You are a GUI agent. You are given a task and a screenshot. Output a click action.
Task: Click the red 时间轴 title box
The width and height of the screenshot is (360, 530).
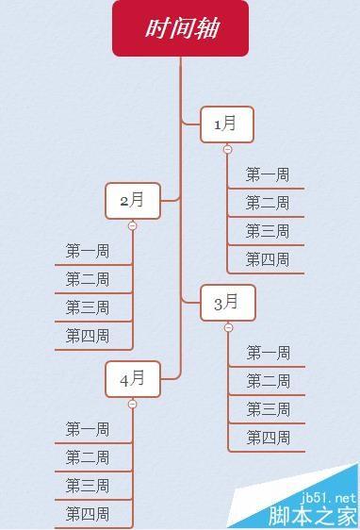tap(180, 28)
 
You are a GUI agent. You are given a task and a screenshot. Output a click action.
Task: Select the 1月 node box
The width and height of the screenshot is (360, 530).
tap(227, 124)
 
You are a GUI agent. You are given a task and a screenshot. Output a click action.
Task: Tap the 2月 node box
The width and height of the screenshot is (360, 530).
tap(133, 200)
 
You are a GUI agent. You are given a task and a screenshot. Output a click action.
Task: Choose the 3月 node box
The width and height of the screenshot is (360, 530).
tap(227, 303)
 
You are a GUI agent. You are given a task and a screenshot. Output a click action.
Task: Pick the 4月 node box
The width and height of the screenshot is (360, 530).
tap(133, 379)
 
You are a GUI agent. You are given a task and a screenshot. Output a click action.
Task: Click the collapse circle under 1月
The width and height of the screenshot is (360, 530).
tap(227, 149)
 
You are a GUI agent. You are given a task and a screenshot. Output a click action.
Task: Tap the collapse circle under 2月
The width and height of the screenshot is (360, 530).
tap(133, 225)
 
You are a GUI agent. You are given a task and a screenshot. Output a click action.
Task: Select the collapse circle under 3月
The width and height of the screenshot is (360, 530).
tap(228, 327)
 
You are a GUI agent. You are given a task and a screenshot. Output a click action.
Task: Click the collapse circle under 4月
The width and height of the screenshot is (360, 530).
tap(133, 404)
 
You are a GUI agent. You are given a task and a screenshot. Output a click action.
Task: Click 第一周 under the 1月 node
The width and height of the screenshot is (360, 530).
tap(268, 174)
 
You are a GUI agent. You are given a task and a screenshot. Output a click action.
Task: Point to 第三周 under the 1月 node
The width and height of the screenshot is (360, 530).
tap(268, 231)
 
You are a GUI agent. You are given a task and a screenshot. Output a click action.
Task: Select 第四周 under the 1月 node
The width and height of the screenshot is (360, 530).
tap(268, 259)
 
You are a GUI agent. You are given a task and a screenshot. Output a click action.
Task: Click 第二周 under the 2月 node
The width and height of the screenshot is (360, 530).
tap(88, 279)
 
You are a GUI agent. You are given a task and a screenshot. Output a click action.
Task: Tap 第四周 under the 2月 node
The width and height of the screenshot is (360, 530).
tap(88, 336)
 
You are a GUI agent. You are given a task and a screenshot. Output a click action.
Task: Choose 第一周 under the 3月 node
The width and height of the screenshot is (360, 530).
tap(269, 353)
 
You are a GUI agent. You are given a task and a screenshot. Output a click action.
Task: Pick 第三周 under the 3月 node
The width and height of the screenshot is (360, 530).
tap(269, 409)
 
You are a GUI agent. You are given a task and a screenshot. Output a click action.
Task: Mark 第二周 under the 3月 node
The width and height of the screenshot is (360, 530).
tap(269, 381)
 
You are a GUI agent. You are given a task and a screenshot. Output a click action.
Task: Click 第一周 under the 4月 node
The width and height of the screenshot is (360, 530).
tap(88, 429)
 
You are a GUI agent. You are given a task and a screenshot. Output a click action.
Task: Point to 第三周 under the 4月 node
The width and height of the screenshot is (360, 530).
tap(88, 486)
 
